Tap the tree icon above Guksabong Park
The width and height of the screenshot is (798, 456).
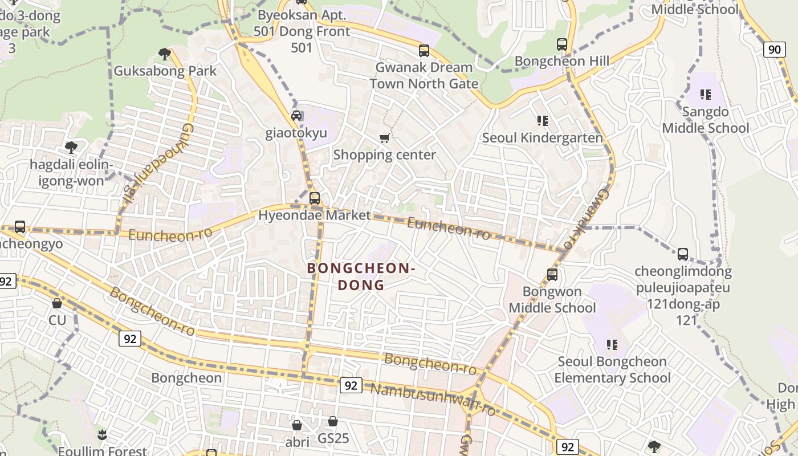165,54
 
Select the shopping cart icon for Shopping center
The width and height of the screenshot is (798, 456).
385,138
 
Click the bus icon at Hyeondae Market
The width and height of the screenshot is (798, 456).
315,198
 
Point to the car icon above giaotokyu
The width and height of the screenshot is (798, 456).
296,116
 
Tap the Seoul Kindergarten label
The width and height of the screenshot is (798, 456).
542,138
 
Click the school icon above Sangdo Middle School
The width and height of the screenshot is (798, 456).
706,94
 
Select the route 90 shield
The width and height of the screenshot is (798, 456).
774,50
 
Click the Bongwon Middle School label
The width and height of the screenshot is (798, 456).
552,300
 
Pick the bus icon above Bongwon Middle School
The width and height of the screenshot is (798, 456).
552,275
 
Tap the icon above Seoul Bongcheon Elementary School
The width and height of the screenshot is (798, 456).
612,344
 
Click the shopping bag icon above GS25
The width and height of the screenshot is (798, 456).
333,421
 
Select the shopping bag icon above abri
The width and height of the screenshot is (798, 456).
297,425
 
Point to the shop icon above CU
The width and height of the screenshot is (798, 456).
57,303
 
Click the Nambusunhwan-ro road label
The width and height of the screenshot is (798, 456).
433,399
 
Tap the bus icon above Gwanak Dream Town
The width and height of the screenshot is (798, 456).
424,50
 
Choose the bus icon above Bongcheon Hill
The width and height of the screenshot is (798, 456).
562,44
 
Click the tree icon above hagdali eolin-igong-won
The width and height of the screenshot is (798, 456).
71,148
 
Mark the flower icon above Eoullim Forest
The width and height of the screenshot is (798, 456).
102,435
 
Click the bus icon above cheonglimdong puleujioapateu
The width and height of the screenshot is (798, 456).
683,254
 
